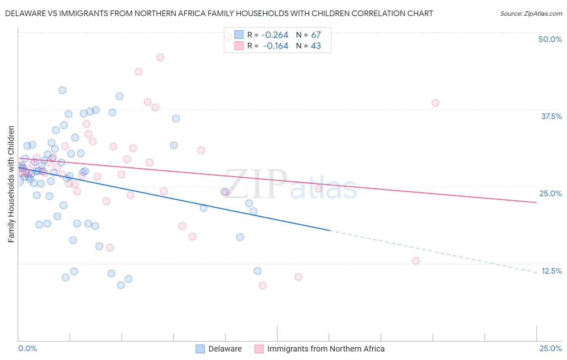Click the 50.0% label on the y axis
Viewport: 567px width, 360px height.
[x=550, y=39]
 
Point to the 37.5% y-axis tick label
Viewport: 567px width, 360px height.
[x=551, y=116]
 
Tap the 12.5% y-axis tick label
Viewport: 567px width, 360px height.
[x=551, y=271]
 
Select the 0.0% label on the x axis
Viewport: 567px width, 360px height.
[x=27, y=348]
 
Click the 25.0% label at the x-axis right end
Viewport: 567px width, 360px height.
[x=550, y=348]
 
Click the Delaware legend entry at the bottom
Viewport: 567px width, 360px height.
[x=225, y=349]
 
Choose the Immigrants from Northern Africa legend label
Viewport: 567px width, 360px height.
[x=325, y=349]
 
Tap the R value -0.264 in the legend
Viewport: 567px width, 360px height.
[x=275, y=35]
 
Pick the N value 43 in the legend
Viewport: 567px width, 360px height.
[x=316, y=46]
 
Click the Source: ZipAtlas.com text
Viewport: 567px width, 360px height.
[x=531, y=14]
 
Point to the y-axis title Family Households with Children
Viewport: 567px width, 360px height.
[x=11, y=184]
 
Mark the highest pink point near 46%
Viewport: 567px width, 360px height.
[x=160, y=57]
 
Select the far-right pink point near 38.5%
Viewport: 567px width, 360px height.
[x=435, y=103]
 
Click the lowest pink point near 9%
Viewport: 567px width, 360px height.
[x=263, y=286]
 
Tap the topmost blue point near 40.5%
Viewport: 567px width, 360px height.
[x=63, y=90]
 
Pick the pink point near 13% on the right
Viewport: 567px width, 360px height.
[x=416, y=261]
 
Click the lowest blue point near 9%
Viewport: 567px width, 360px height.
[x=121, y=285]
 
